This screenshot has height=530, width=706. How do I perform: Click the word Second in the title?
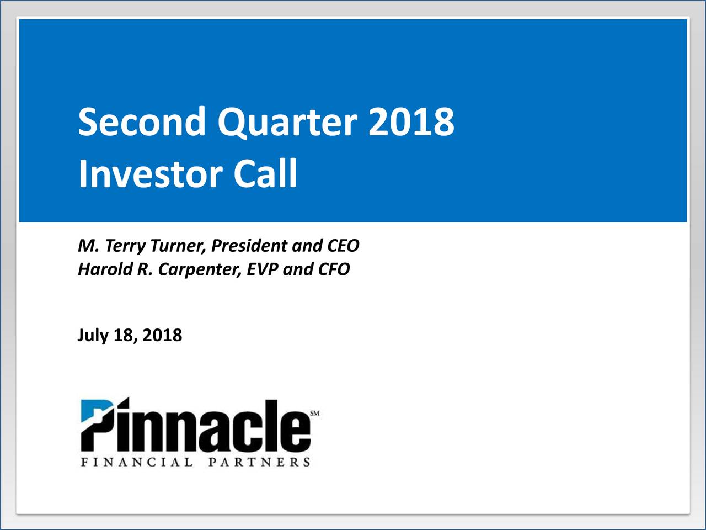(x=142, y=121)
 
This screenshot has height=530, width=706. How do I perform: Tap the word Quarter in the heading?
(x=287, y=124)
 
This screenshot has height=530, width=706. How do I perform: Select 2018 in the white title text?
(x=411, y=121)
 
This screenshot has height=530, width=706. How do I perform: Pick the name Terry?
(x=125, y=246)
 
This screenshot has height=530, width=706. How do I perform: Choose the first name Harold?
(x=105, y=269)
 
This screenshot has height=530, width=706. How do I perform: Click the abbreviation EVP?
(x=262, y=269)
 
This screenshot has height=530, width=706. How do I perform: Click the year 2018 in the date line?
(x=162, y=335)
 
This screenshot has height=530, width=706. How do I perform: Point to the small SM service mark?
(x=314, y=413)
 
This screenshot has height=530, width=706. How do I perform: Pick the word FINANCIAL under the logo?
(x=137, y=463)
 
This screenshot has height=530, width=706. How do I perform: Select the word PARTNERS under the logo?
(x=259, y=463)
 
